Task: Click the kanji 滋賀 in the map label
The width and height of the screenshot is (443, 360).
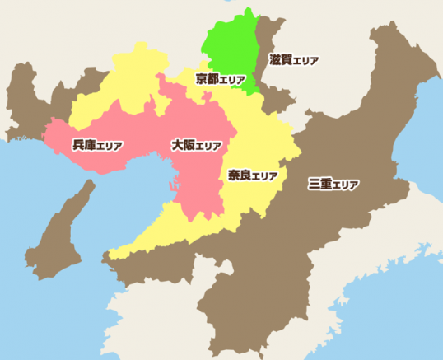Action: pyautogui.click(x=281, y=60)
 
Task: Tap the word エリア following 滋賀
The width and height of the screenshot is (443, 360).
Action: pyautogui.click(x=305, y=61)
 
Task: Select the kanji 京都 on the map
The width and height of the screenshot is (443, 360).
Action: pyautogui.click(x=207, y=79)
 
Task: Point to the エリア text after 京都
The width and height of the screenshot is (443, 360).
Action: pyautogui.click(x=234, y=80)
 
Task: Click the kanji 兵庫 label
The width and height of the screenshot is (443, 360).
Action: pyautogui.click(x=83, y=145)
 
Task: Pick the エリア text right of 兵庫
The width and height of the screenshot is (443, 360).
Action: pyautogui.click(x=110, y=146)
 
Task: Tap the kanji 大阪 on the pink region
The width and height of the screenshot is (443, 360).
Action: pyautogui.click(x=183, y=145)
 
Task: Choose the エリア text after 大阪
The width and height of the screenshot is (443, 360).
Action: pyautogui.click(x=209, y=146)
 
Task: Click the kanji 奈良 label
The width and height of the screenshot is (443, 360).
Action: pyautogui.click(x=239, y=175)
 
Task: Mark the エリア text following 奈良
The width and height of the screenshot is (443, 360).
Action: pyautogui.click(x=264, y=176)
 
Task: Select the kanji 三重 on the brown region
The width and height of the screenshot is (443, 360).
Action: pyautogui.click(x=320, y=183)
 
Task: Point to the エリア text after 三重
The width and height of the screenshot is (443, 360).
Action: pyautogui.click(x=346, y=184)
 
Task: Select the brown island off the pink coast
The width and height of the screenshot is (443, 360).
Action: pyautogui.click(x=62, y=227)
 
